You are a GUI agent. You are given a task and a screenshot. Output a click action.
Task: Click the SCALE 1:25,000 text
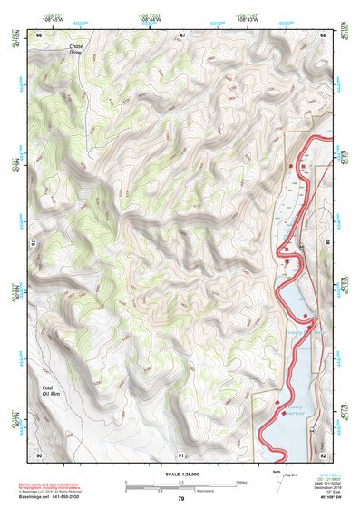click(x=180, y=475)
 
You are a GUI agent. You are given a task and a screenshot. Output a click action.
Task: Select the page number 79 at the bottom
click(x=180, y=499)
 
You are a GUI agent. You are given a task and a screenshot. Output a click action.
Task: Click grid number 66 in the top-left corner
click(x=39, y=34)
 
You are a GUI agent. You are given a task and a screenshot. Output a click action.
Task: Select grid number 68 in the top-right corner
click(x=324, y=34)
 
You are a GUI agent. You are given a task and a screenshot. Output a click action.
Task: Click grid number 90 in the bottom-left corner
click(x=39, y=454)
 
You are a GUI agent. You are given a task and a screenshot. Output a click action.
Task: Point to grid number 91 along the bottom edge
click(x=181, y=454)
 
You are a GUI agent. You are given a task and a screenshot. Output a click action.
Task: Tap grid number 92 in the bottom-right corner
click(x=324, y=454)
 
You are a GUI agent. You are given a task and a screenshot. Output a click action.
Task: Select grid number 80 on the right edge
click(x=326, y=243)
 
